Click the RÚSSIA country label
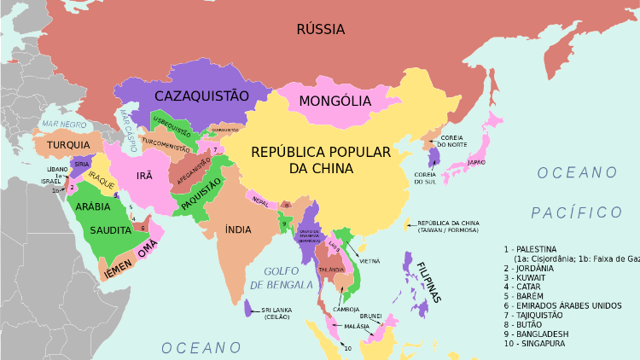click(320, 30)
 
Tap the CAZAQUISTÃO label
click(201, 96)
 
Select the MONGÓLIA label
click(335, 102)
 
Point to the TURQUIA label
click(69, 145)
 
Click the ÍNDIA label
click(238, 229)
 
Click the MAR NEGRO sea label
click(64, 125)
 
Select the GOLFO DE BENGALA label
click(280, 277)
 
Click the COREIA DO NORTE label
click(452, 141)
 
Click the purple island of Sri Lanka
click(247, 308)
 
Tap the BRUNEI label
click(370, 316)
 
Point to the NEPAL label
click(260, 201)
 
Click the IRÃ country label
click(144, 175)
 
